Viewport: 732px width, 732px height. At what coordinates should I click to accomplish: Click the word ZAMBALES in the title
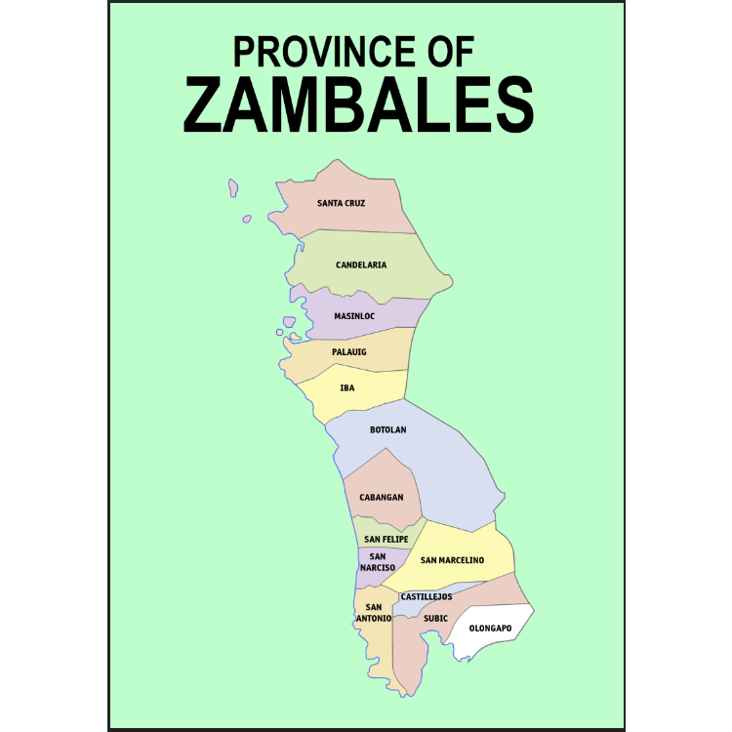[358, 103]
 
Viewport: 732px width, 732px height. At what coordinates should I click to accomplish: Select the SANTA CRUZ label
[341, 203]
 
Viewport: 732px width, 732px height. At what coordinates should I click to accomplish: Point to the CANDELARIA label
[361, 264]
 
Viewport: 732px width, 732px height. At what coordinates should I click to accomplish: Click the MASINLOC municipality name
[354, 316]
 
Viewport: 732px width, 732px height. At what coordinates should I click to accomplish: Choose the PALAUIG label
[348, 351]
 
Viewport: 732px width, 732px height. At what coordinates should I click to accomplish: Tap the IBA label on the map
[347, 387]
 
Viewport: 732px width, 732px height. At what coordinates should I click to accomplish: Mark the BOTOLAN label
[387, 429]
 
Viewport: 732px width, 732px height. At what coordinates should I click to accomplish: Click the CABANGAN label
[381, 497]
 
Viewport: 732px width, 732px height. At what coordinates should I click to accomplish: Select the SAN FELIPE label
[386, 539]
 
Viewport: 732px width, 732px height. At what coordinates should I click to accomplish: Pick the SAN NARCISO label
[378, 561]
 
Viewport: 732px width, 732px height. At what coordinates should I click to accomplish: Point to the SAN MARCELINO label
[452, 560]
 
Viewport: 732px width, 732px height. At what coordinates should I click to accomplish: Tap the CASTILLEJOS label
[427, 596]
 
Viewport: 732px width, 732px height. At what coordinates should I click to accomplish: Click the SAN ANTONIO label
[373, 612]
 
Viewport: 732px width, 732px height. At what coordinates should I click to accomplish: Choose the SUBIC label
[435, 618]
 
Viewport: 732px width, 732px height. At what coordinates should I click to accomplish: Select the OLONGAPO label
[490, 628]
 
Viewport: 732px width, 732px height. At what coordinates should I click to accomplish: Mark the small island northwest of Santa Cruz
[233, 186]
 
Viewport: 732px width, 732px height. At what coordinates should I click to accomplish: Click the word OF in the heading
[451, 50]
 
